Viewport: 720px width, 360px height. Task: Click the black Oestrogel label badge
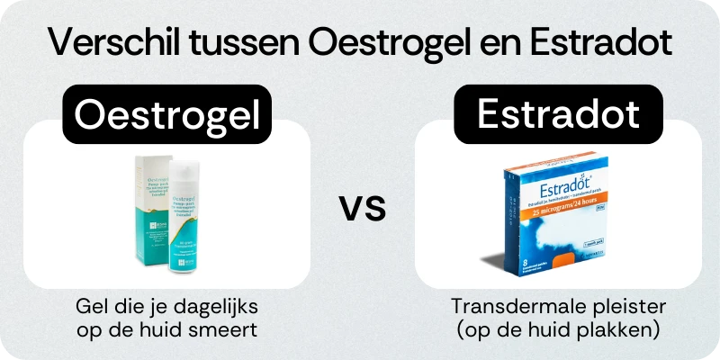coord(166,114)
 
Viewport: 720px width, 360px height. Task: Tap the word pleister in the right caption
coord(603,308)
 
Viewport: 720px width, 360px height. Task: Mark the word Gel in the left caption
coord(90,308)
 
